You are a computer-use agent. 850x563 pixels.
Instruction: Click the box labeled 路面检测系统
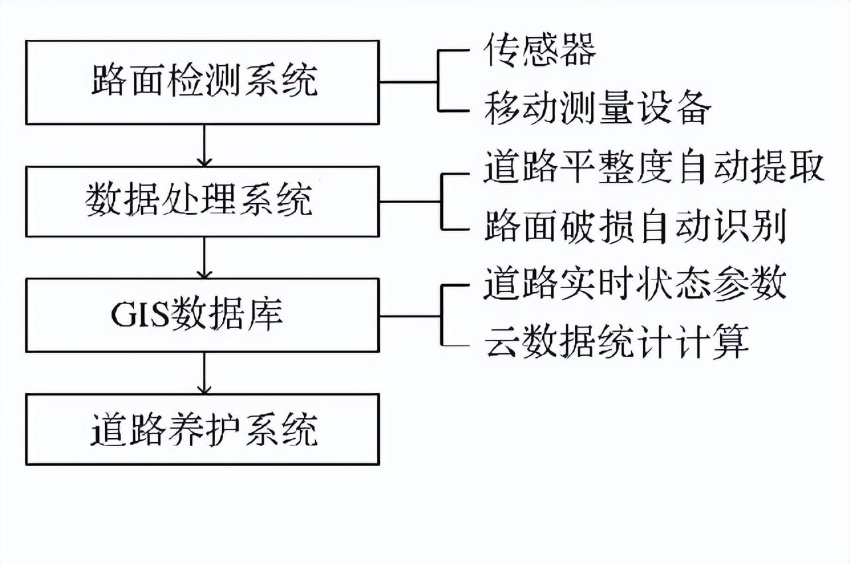point(203,82)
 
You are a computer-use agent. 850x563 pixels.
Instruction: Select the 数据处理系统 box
point(203,201)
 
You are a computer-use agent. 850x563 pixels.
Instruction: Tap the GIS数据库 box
point(203,315)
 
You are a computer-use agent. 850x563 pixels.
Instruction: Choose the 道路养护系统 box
point(203,429)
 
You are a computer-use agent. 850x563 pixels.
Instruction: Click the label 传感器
point(539,50)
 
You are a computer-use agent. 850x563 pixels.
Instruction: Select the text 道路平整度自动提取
point(653,167)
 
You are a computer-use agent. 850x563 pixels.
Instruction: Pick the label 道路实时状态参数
point(635,284)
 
